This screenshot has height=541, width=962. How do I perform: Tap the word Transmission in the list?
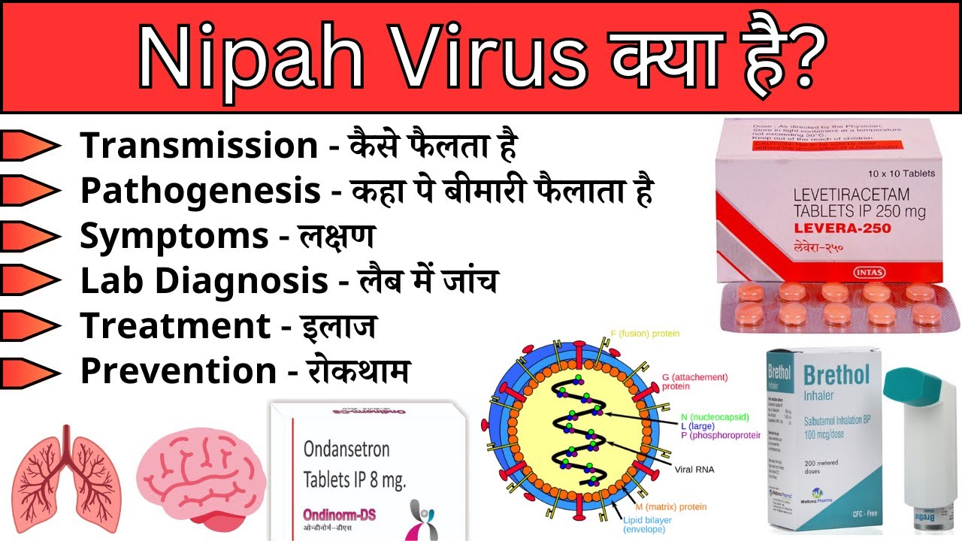199,146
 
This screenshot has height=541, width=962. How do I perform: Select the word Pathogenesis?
201,191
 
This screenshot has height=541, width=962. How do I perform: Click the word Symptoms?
174,236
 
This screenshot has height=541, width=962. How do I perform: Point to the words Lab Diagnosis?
204,281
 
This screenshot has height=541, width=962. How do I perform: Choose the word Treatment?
175,326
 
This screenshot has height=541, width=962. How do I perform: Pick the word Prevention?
179,371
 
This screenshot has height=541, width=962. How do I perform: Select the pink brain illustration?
201,482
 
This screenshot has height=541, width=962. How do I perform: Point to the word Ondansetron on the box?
346,449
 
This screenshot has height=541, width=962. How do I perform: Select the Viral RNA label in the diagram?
694,470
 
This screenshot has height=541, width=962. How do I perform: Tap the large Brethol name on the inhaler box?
836,374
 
